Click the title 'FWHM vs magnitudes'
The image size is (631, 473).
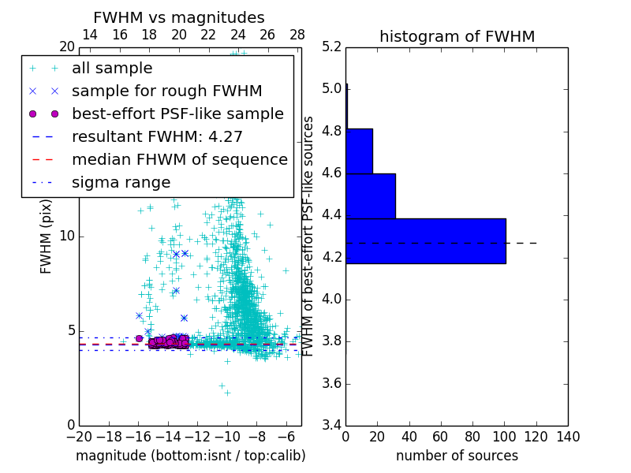(179, 17)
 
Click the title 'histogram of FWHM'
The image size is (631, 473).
(457, 36)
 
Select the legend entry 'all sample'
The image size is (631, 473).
(112, 69)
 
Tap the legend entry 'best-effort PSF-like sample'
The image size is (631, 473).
(177, 114)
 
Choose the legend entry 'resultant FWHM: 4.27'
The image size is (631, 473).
(157, 137)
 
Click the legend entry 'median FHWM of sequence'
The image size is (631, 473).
(180, 160)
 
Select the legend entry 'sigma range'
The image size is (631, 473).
(121, 183)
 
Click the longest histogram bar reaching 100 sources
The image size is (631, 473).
(425, 240)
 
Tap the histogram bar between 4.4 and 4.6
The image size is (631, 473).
(370, 196)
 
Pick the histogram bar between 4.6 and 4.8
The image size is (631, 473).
(359, 151)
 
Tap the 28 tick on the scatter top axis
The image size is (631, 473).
(297, 35)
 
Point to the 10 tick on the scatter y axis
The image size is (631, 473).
(68, 236)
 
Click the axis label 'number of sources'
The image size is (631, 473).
(457, 456)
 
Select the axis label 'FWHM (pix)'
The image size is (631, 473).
(47, 236)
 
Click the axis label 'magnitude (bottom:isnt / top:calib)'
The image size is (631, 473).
(190, 456)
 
